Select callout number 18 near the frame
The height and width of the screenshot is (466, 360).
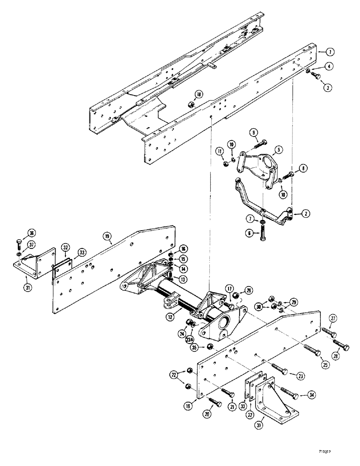coord(200,95)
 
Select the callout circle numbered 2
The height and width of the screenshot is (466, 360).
coord(305,213)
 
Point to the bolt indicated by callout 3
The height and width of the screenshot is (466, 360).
coord(316,74)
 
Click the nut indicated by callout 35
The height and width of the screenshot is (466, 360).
coord(210,346)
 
